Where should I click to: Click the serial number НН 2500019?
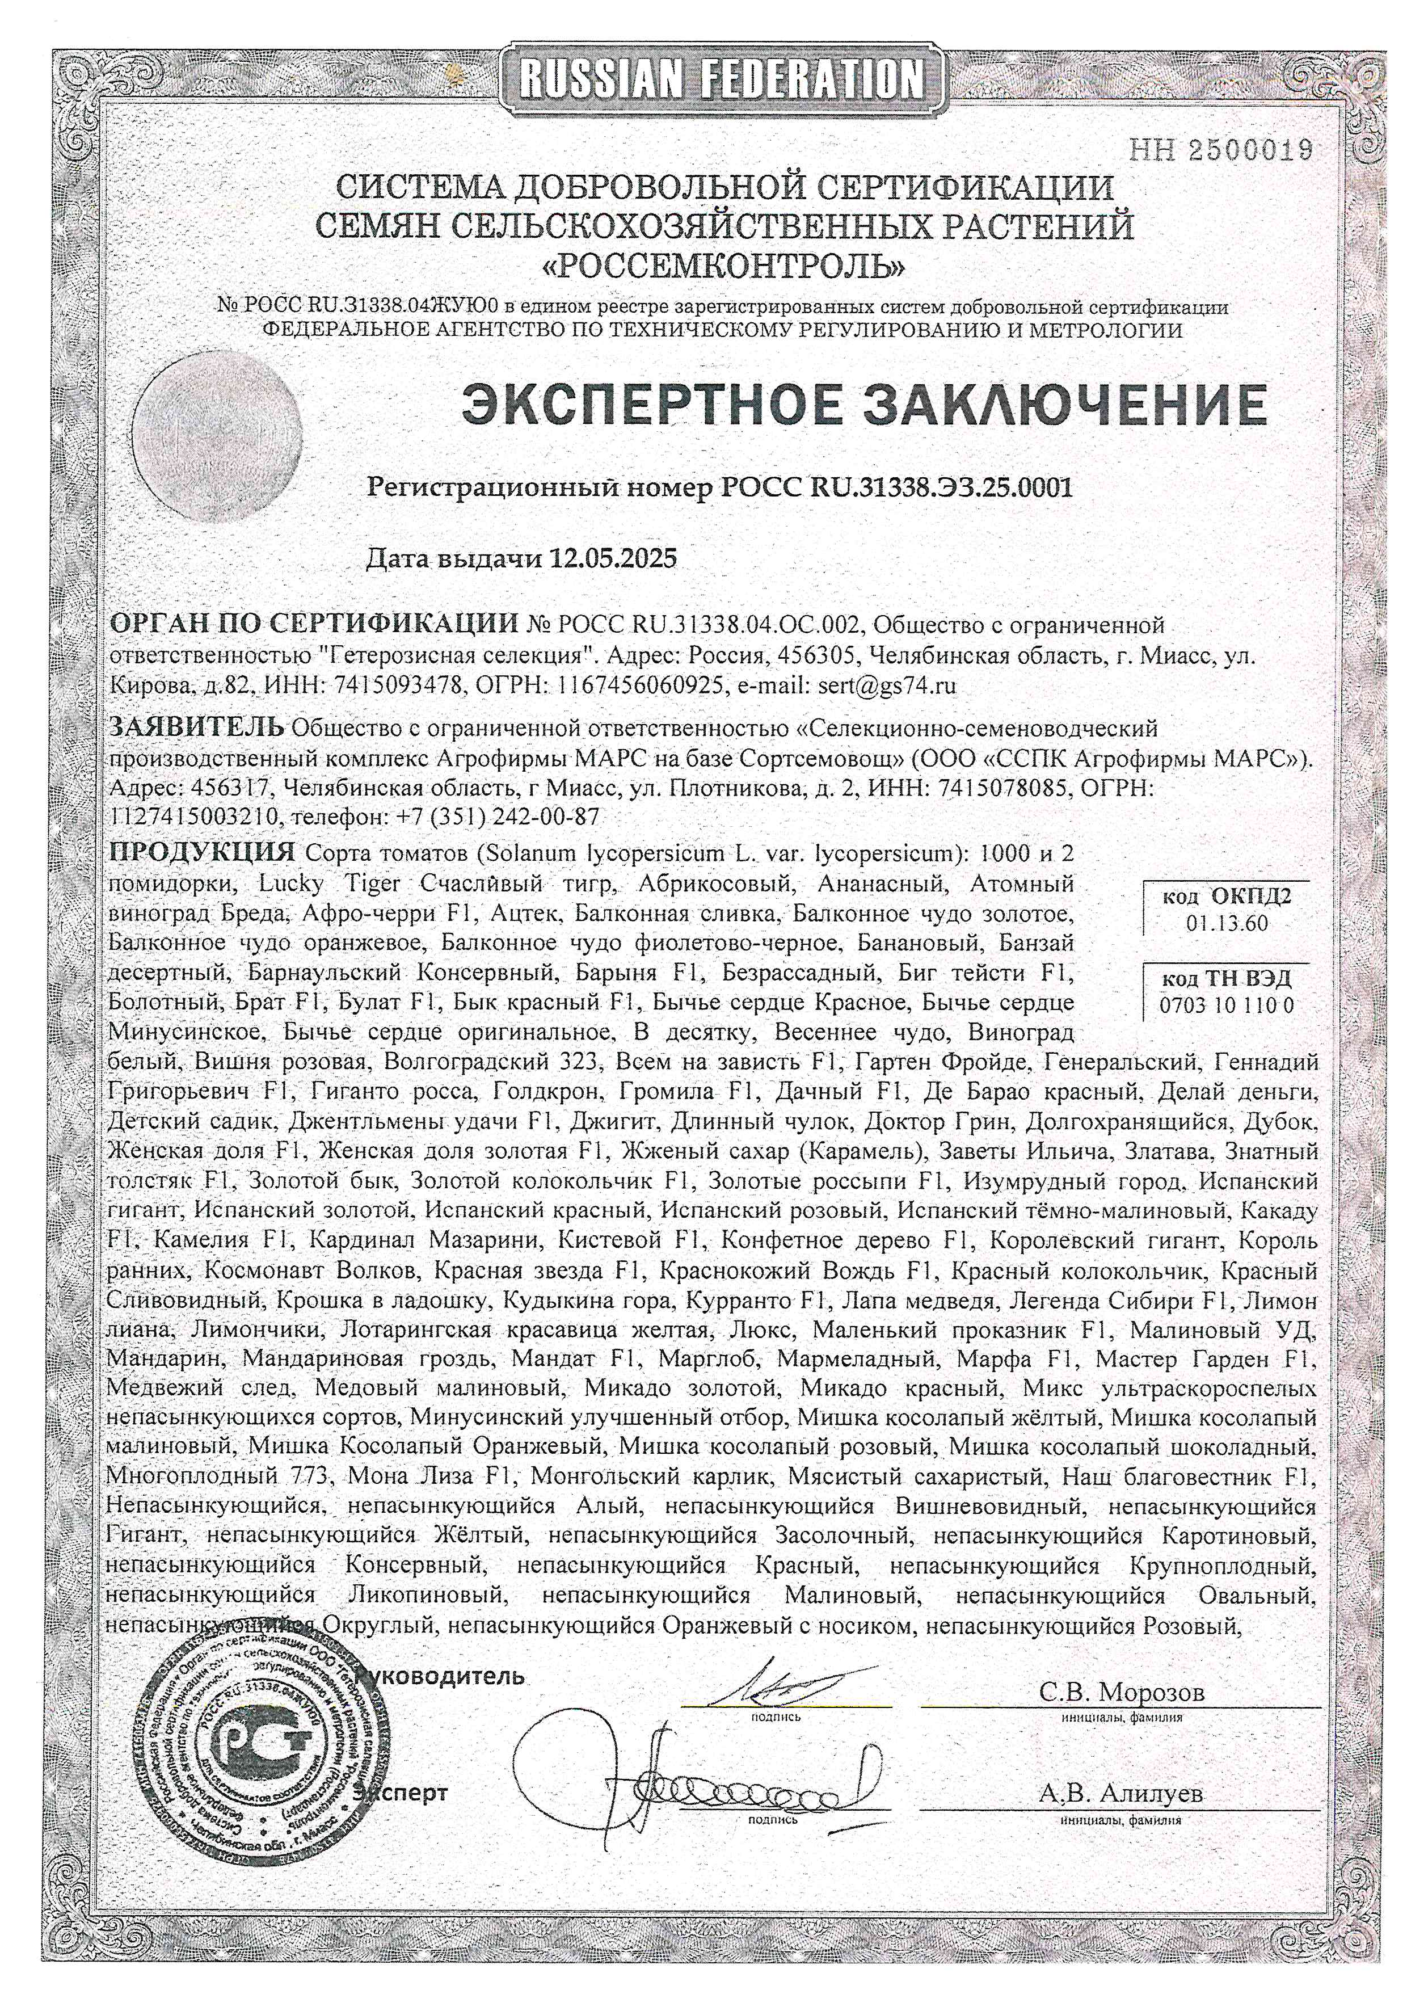click(1221, 149)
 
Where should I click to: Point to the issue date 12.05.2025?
click(613, 557)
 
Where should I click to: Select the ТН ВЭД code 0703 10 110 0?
click(1226, 1005)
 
